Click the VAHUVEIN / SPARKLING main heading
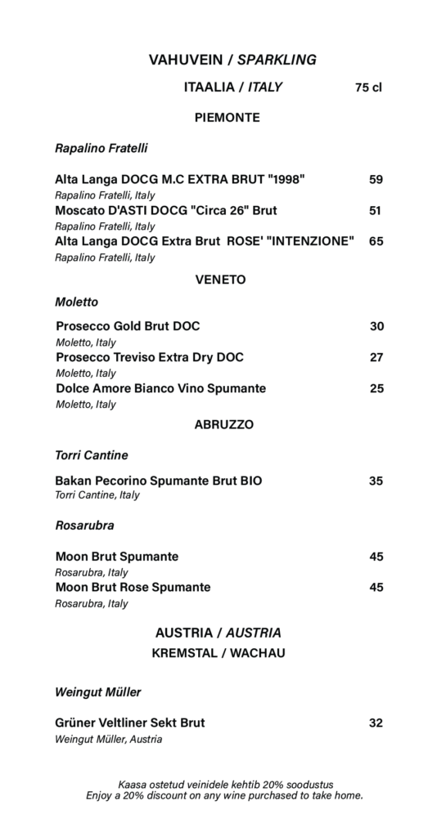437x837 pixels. pos(232,60)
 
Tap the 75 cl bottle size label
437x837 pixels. pos(368,87)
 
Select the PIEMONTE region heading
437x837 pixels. pos(228,118)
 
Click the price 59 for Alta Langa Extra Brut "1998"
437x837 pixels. pos(376,180)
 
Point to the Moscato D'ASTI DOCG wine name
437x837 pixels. pos(166,210)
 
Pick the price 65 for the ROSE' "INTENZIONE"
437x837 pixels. pos(376,241)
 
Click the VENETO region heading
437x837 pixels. pos(221,280)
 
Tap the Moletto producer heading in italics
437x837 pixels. pos(77,302)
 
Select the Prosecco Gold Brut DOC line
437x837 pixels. pos(128,326)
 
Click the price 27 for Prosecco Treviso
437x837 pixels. pos(376,357)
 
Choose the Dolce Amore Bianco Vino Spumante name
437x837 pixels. pos(160,388)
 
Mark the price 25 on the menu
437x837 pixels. pos(376,388)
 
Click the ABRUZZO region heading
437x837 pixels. pos(224,424)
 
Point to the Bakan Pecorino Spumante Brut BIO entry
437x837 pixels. pos(159,481)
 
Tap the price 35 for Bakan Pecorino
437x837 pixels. pos(376,481)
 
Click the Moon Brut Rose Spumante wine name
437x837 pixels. pos(133,587)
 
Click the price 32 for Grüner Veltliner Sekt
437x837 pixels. pos(376,723)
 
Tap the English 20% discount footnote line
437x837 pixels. pos(224,795)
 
